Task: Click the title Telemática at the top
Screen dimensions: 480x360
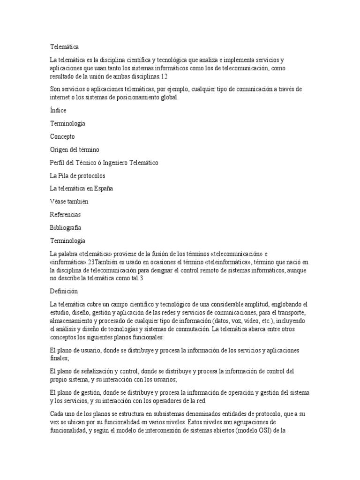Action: [x=64, y=47]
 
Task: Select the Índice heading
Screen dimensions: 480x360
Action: [x=58, y=110]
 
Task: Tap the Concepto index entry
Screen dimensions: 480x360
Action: [x=62, y=136]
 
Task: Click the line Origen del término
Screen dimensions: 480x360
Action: [x=75, y=150]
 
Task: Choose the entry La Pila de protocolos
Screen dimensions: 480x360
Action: [x=77, y=176]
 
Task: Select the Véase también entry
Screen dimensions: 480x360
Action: [x=69, y=202]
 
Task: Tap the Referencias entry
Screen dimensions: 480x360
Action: [x=65, y=215]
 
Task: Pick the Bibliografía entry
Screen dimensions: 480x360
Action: [x=66, y=228]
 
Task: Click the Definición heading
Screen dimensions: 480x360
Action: [x=63, y=291]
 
